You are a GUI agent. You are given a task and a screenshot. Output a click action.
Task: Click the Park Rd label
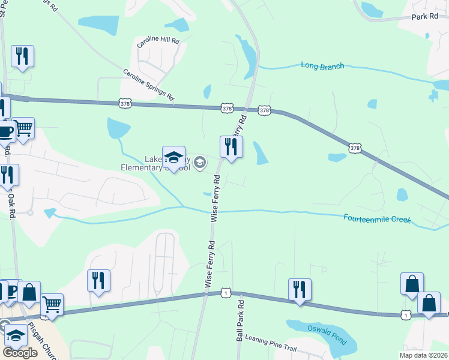425,16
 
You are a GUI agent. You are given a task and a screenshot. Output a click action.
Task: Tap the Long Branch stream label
322,66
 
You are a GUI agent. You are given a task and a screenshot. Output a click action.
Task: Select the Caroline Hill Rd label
158,41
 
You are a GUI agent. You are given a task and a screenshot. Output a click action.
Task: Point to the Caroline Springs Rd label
148,85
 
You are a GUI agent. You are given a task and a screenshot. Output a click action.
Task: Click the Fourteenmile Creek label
377,218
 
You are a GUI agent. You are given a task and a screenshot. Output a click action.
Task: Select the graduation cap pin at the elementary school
173,158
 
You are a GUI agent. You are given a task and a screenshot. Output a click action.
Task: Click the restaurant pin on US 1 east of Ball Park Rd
299,290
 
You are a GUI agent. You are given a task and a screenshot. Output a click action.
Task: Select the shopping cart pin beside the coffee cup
23,128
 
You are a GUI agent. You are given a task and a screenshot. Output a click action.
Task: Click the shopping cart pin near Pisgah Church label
52,304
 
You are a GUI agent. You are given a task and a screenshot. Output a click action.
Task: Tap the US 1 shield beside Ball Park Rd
225,292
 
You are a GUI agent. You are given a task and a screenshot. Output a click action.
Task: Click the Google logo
20,352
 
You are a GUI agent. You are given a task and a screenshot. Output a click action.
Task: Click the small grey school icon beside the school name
200,163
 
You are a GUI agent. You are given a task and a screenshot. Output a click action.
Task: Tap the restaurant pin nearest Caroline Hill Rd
22,56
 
